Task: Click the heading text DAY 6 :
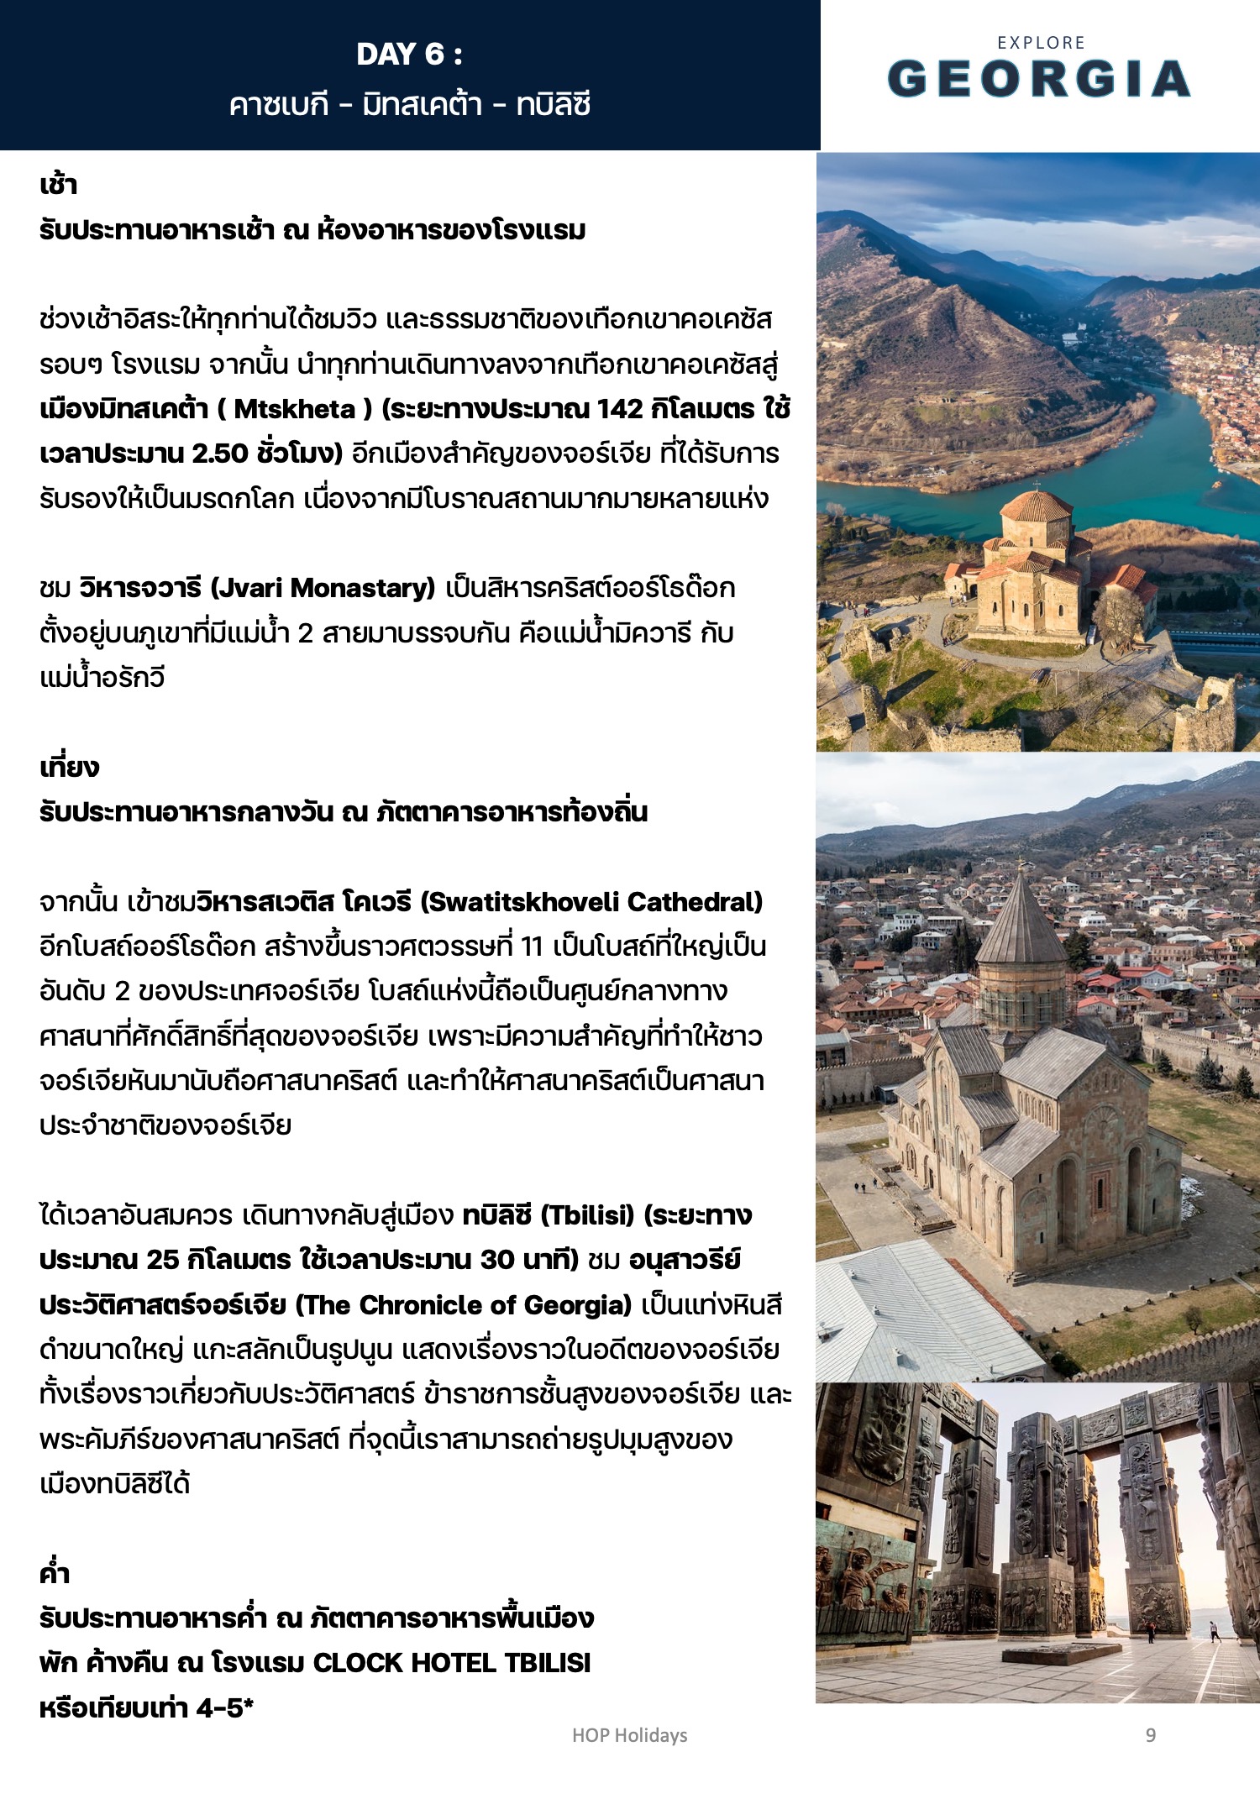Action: pos(409,55)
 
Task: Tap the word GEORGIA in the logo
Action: pos(1039,79)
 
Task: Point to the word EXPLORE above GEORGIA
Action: pos(1041,43)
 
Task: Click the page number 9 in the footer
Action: pos(1151,1735)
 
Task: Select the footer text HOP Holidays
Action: pos(629,1735)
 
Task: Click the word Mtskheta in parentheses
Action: pos(294,409)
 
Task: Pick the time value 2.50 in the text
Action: pos(220,454)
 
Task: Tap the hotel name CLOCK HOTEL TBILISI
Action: pos(451,1663)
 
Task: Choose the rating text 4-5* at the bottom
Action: pos(225,1707)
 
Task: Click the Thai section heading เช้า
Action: pos(58,185)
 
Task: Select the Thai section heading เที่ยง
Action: pos(69,767)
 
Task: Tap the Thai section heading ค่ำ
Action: pos(54,1573)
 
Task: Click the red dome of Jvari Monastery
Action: pos(1036,506)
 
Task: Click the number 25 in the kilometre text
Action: pos(163,1261)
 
